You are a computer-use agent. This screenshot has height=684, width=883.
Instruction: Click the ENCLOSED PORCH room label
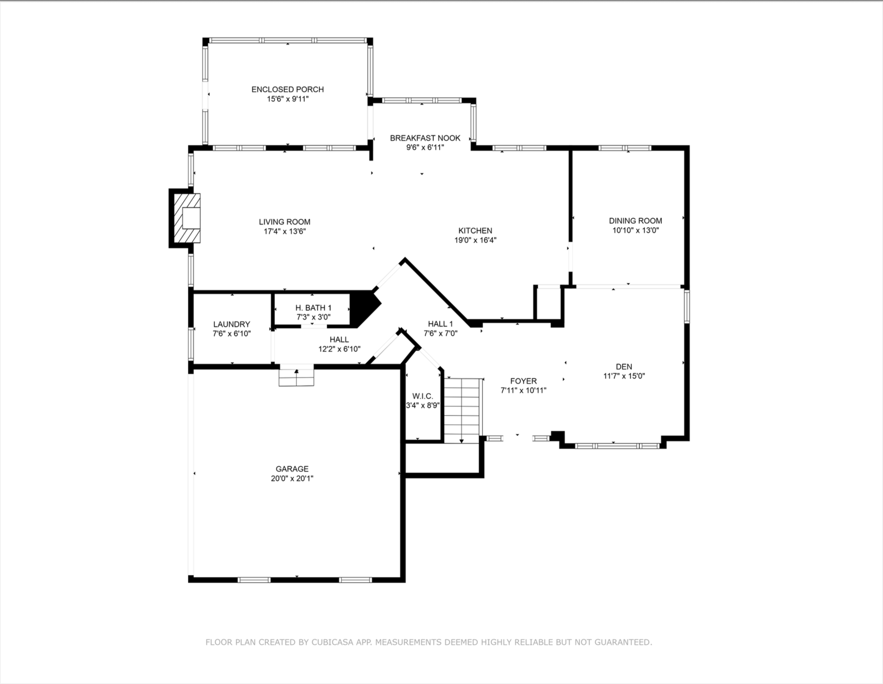(x=288, y=90)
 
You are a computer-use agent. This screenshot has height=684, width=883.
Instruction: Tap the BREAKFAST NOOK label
(x=425, y=138)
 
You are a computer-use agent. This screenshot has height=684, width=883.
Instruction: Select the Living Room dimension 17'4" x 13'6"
(x=284, y=232)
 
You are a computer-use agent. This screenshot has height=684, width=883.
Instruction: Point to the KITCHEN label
(x=475, y=231)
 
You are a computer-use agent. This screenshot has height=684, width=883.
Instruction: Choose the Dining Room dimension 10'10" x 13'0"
(x=635, y=231)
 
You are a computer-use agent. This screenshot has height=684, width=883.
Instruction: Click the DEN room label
(x=624, y=367)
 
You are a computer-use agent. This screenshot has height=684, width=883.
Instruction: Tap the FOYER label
(x=523, y=381)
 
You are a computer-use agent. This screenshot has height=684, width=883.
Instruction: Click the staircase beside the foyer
(x=462, y=410)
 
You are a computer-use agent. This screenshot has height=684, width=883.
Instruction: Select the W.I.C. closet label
(x=422, y=396)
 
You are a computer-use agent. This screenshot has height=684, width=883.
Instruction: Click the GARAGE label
(x=292, y=469)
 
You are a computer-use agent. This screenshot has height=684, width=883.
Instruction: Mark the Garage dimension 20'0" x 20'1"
(x=292, y=479)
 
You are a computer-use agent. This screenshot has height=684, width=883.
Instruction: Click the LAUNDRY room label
(x=231, y=325)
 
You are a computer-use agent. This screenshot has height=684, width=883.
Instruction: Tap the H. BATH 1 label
(x=313, y=308)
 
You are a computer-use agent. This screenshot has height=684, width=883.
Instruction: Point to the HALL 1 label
(x=440, y=324)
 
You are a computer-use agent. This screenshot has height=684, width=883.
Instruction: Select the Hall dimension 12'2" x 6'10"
(x=339, y=350)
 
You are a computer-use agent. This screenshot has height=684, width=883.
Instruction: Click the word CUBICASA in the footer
(x=332, y=642)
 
